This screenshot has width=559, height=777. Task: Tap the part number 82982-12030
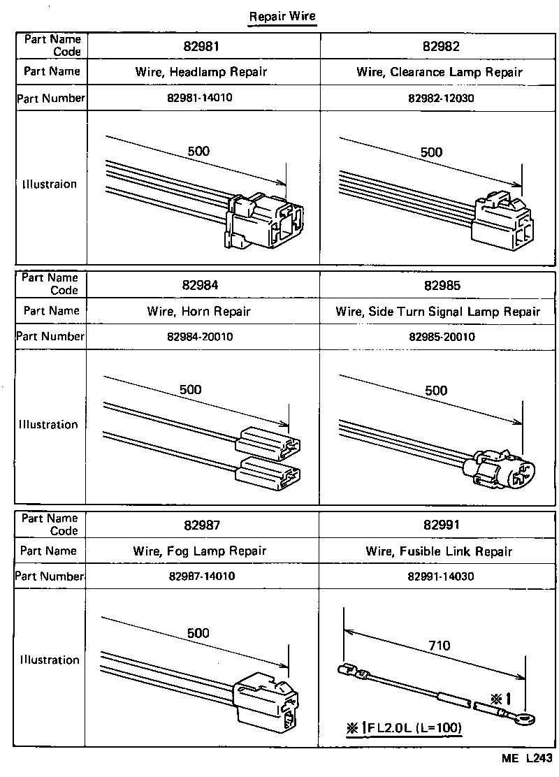(x=441, y=99)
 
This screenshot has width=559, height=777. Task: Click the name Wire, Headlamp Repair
(x=201, y=72)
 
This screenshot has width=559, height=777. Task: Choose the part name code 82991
(x=441, y=525)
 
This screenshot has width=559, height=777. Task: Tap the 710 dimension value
(x=440, y=646)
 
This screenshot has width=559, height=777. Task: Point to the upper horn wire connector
(x=269, y=443)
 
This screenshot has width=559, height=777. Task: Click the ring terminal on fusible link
(x=517, y=716)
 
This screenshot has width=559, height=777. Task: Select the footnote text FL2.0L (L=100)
(x=411, y=727)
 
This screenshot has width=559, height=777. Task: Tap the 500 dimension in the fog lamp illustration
(x=198, y=634)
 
